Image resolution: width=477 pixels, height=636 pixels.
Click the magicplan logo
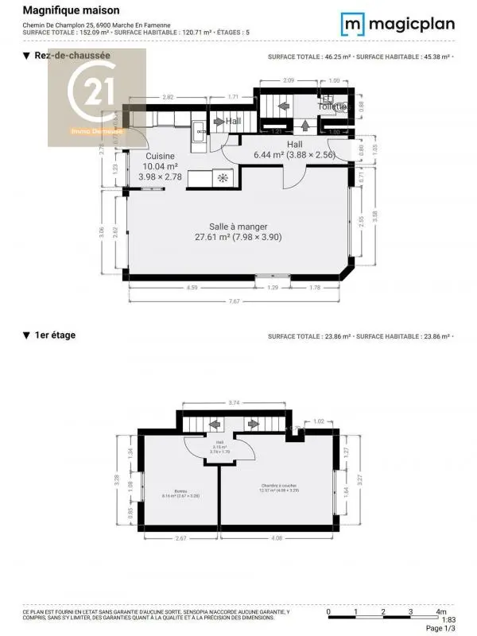pyautogui.click(x=398, y=24)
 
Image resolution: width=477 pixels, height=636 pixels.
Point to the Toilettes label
pyautogui.click(x=333, y=106)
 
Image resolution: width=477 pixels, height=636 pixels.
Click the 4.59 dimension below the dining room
pyautogui.click(x=192, y=287)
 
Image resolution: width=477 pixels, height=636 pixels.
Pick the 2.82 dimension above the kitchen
pyautogui.click(x=168, y=97)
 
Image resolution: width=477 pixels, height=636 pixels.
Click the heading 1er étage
pyautogui.click(x=49, y=335)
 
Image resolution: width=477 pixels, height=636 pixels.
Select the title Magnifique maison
pyautogui.click(x=71, y=10)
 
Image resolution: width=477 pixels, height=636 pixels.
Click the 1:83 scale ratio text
pyautogui.click(x=448, y=620)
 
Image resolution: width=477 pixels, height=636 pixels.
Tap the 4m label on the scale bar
pyautogui.click(x=440, y=611)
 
